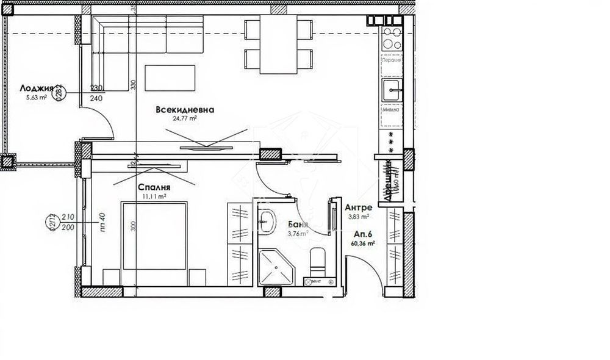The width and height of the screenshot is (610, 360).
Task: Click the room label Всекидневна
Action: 185,110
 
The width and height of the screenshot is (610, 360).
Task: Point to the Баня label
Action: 296,225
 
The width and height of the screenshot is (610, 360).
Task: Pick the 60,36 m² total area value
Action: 363,243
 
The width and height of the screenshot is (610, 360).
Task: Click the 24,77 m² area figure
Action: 184,119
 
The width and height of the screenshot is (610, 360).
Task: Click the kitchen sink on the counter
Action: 391,90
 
